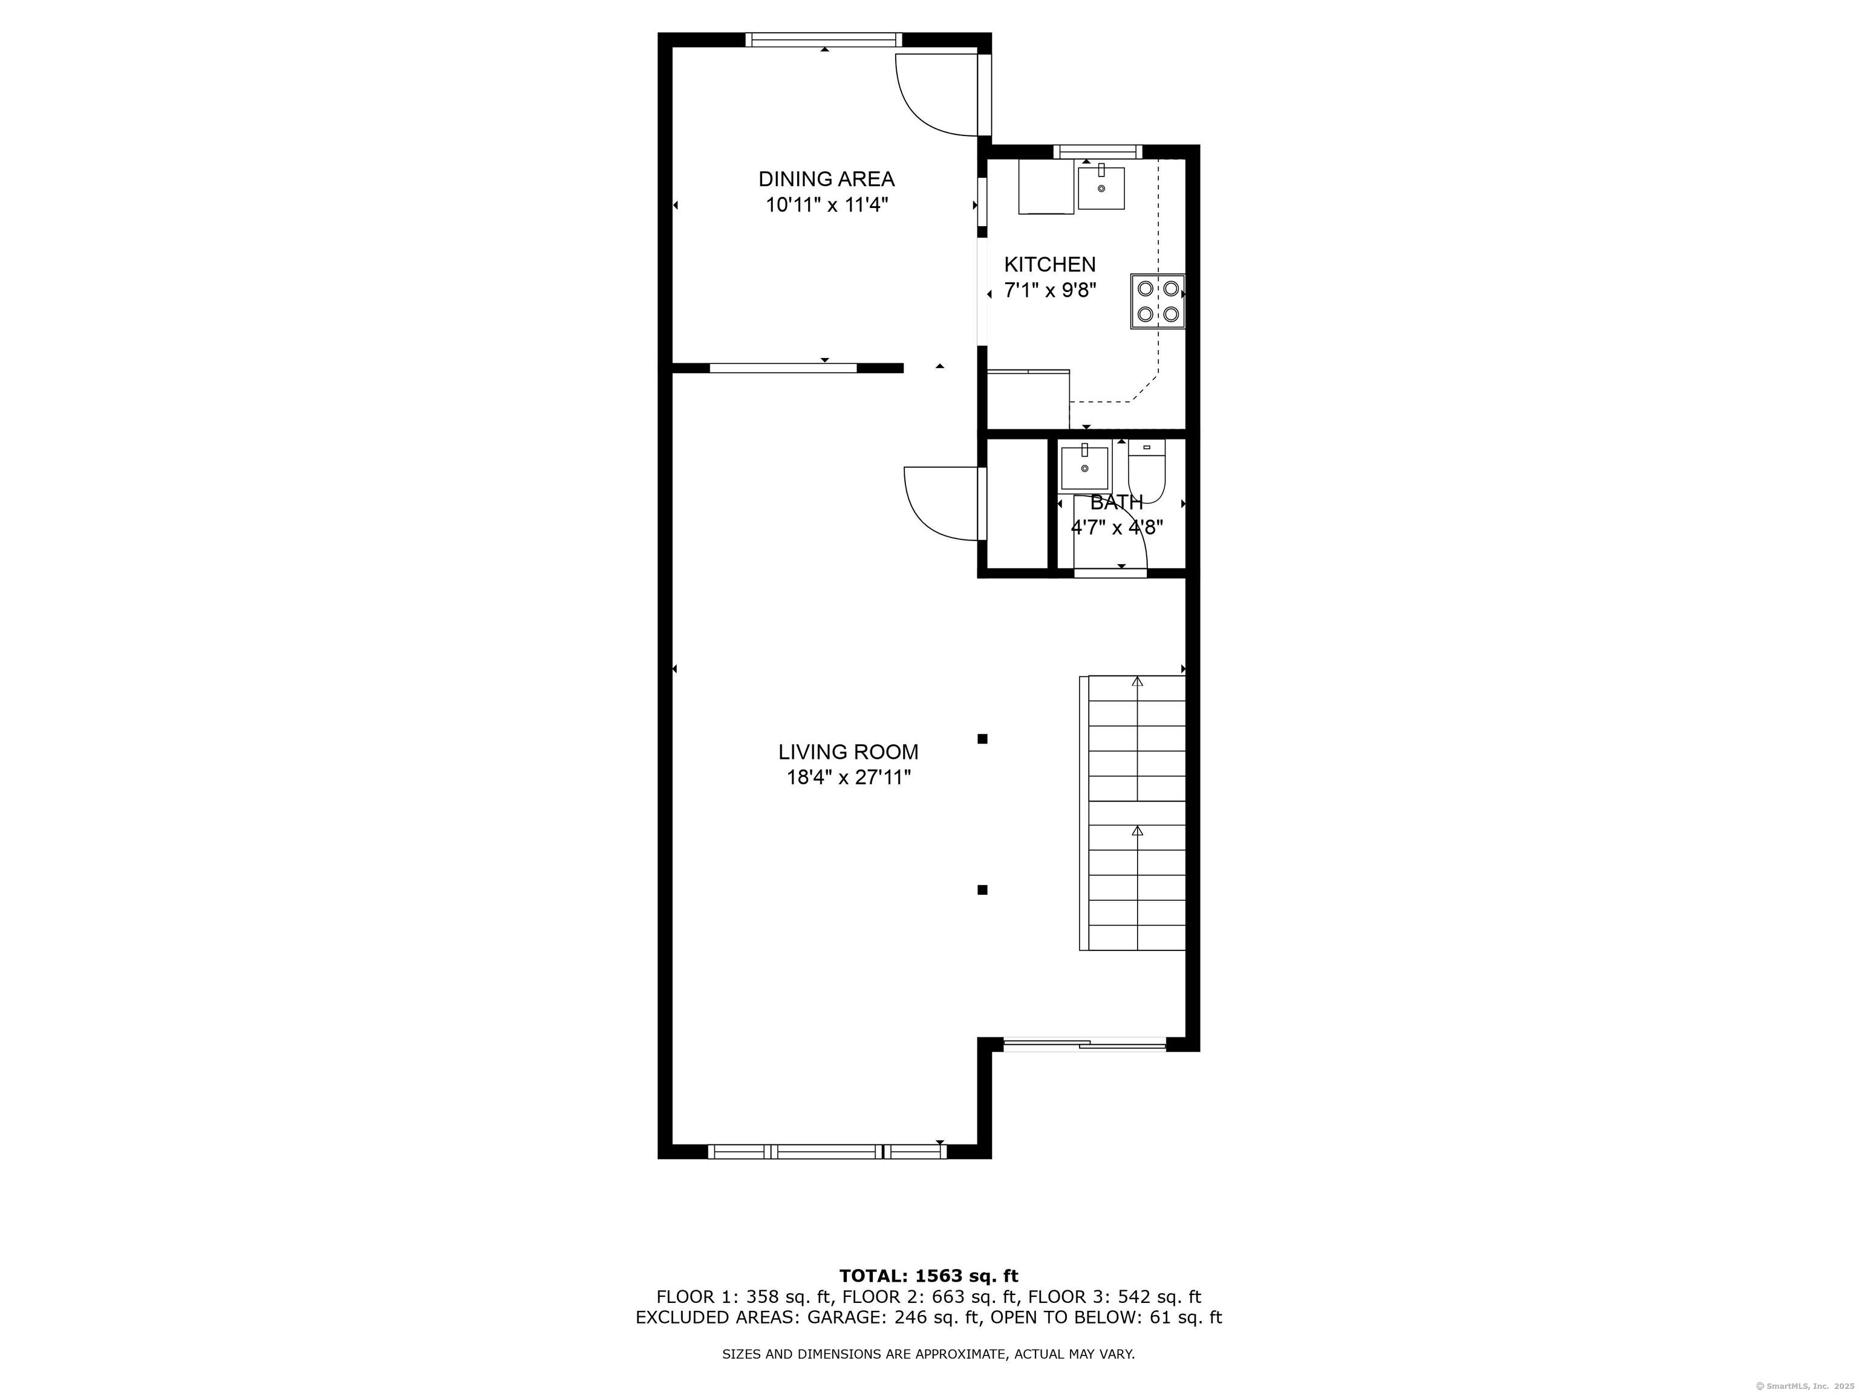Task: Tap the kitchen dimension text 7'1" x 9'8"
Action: click(x=1050, y=291)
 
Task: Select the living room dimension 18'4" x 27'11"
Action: click(x=849, y=778)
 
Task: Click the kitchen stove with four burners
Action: click(x=1158, y=302)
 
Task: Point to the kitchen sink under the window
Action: click(x=1100, y=188)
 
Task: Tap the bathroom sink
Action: click(x=1084, y=469)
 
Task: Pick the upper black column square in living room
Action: click(x=982, y=739)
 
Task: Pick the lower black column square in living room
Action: click(x=982, y=890)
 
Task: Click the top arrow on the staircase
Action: click(x=1137, y=682)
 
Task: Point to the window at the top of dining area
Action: click(x=823, y=39)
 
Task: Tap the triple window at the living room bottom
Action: click(x=827, y=1151)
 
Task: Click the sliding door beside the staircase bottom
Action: click(x=1084, y=1045)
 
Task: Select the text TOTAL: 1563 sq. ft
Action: click(x=928, y=1276)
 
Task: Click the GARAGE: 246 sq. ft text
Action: click(x=894, y=1317)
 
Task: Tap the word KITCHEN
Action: click(x=1050, y=264)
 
